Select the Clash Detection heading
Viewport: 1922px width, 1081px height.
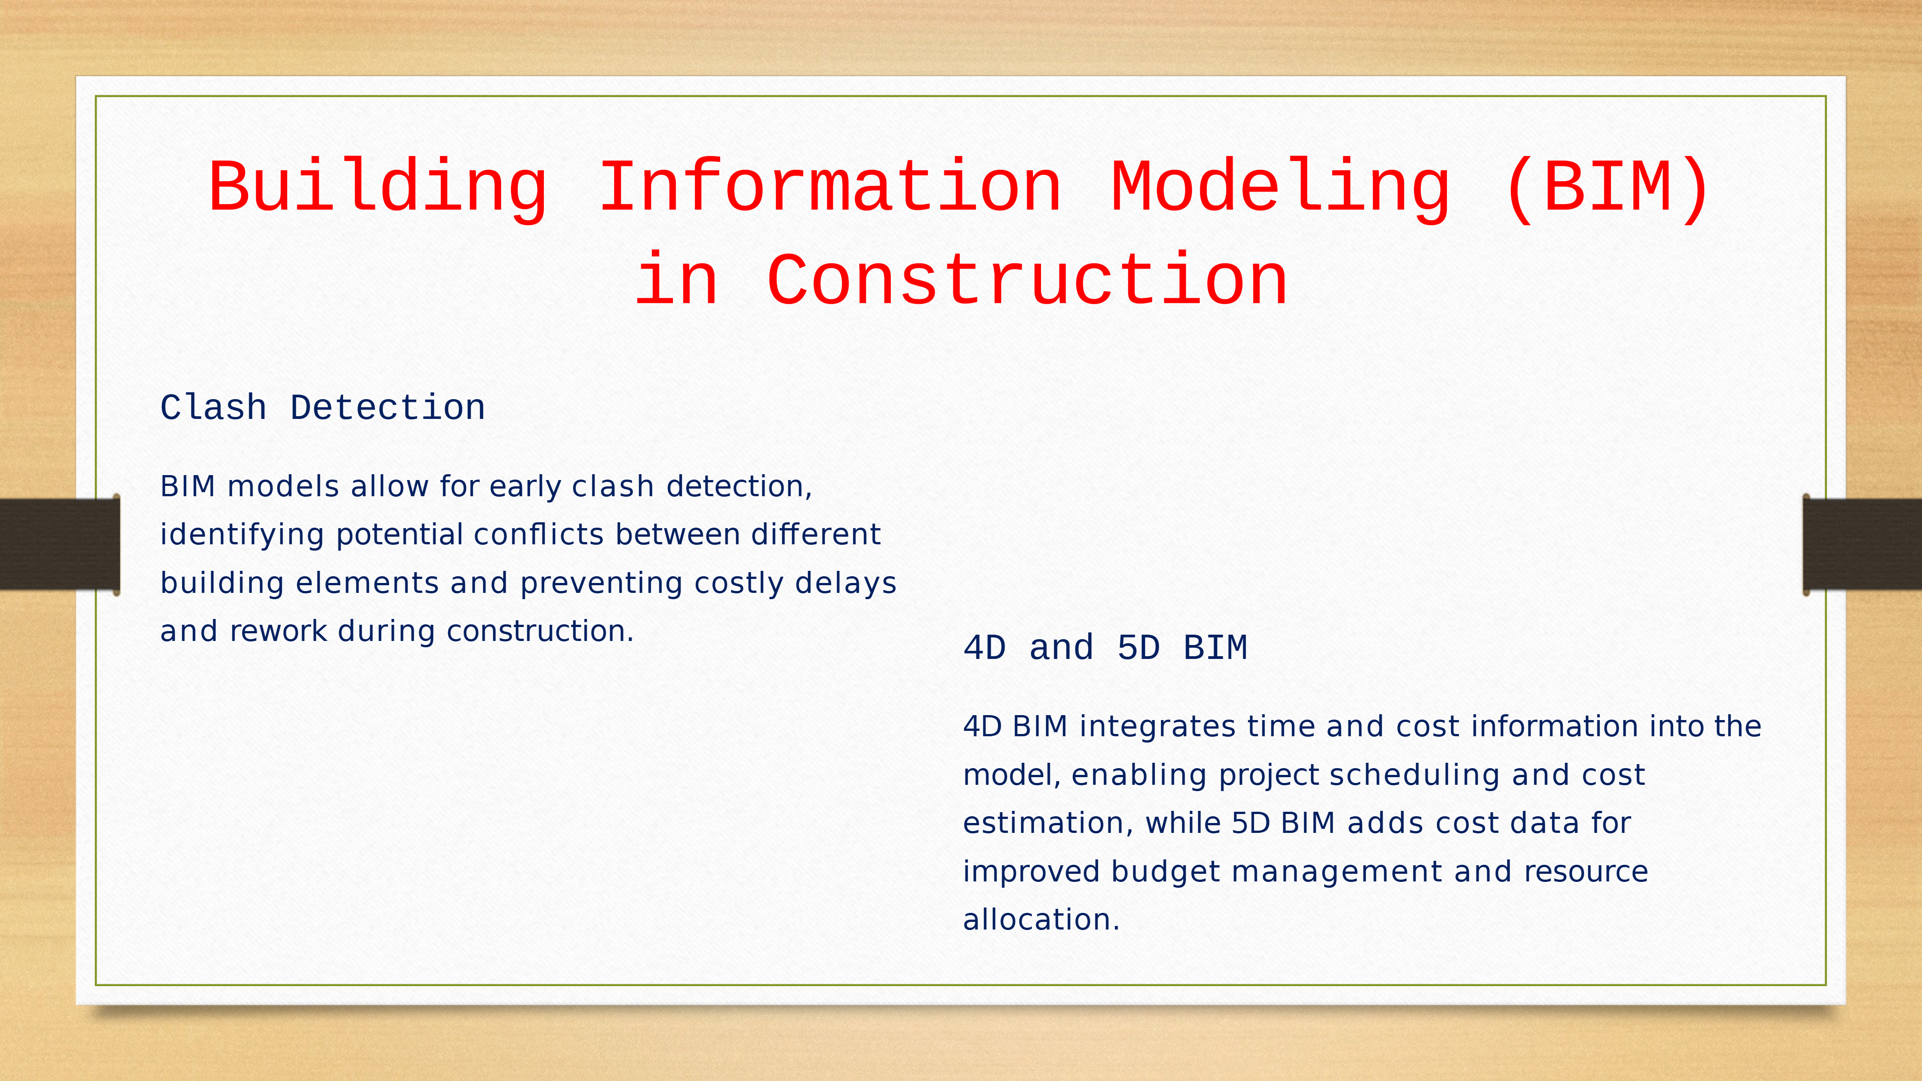click(322, 407)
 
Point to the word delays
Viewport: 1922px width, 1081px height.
click(845, 583)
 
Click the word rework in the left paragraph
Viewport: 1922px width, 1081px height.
click(278, 631)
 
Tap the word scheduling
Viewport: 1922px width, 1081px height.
click(1415, 774)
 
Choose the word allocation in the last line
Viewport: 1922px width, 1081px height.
click(1041, 919)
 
